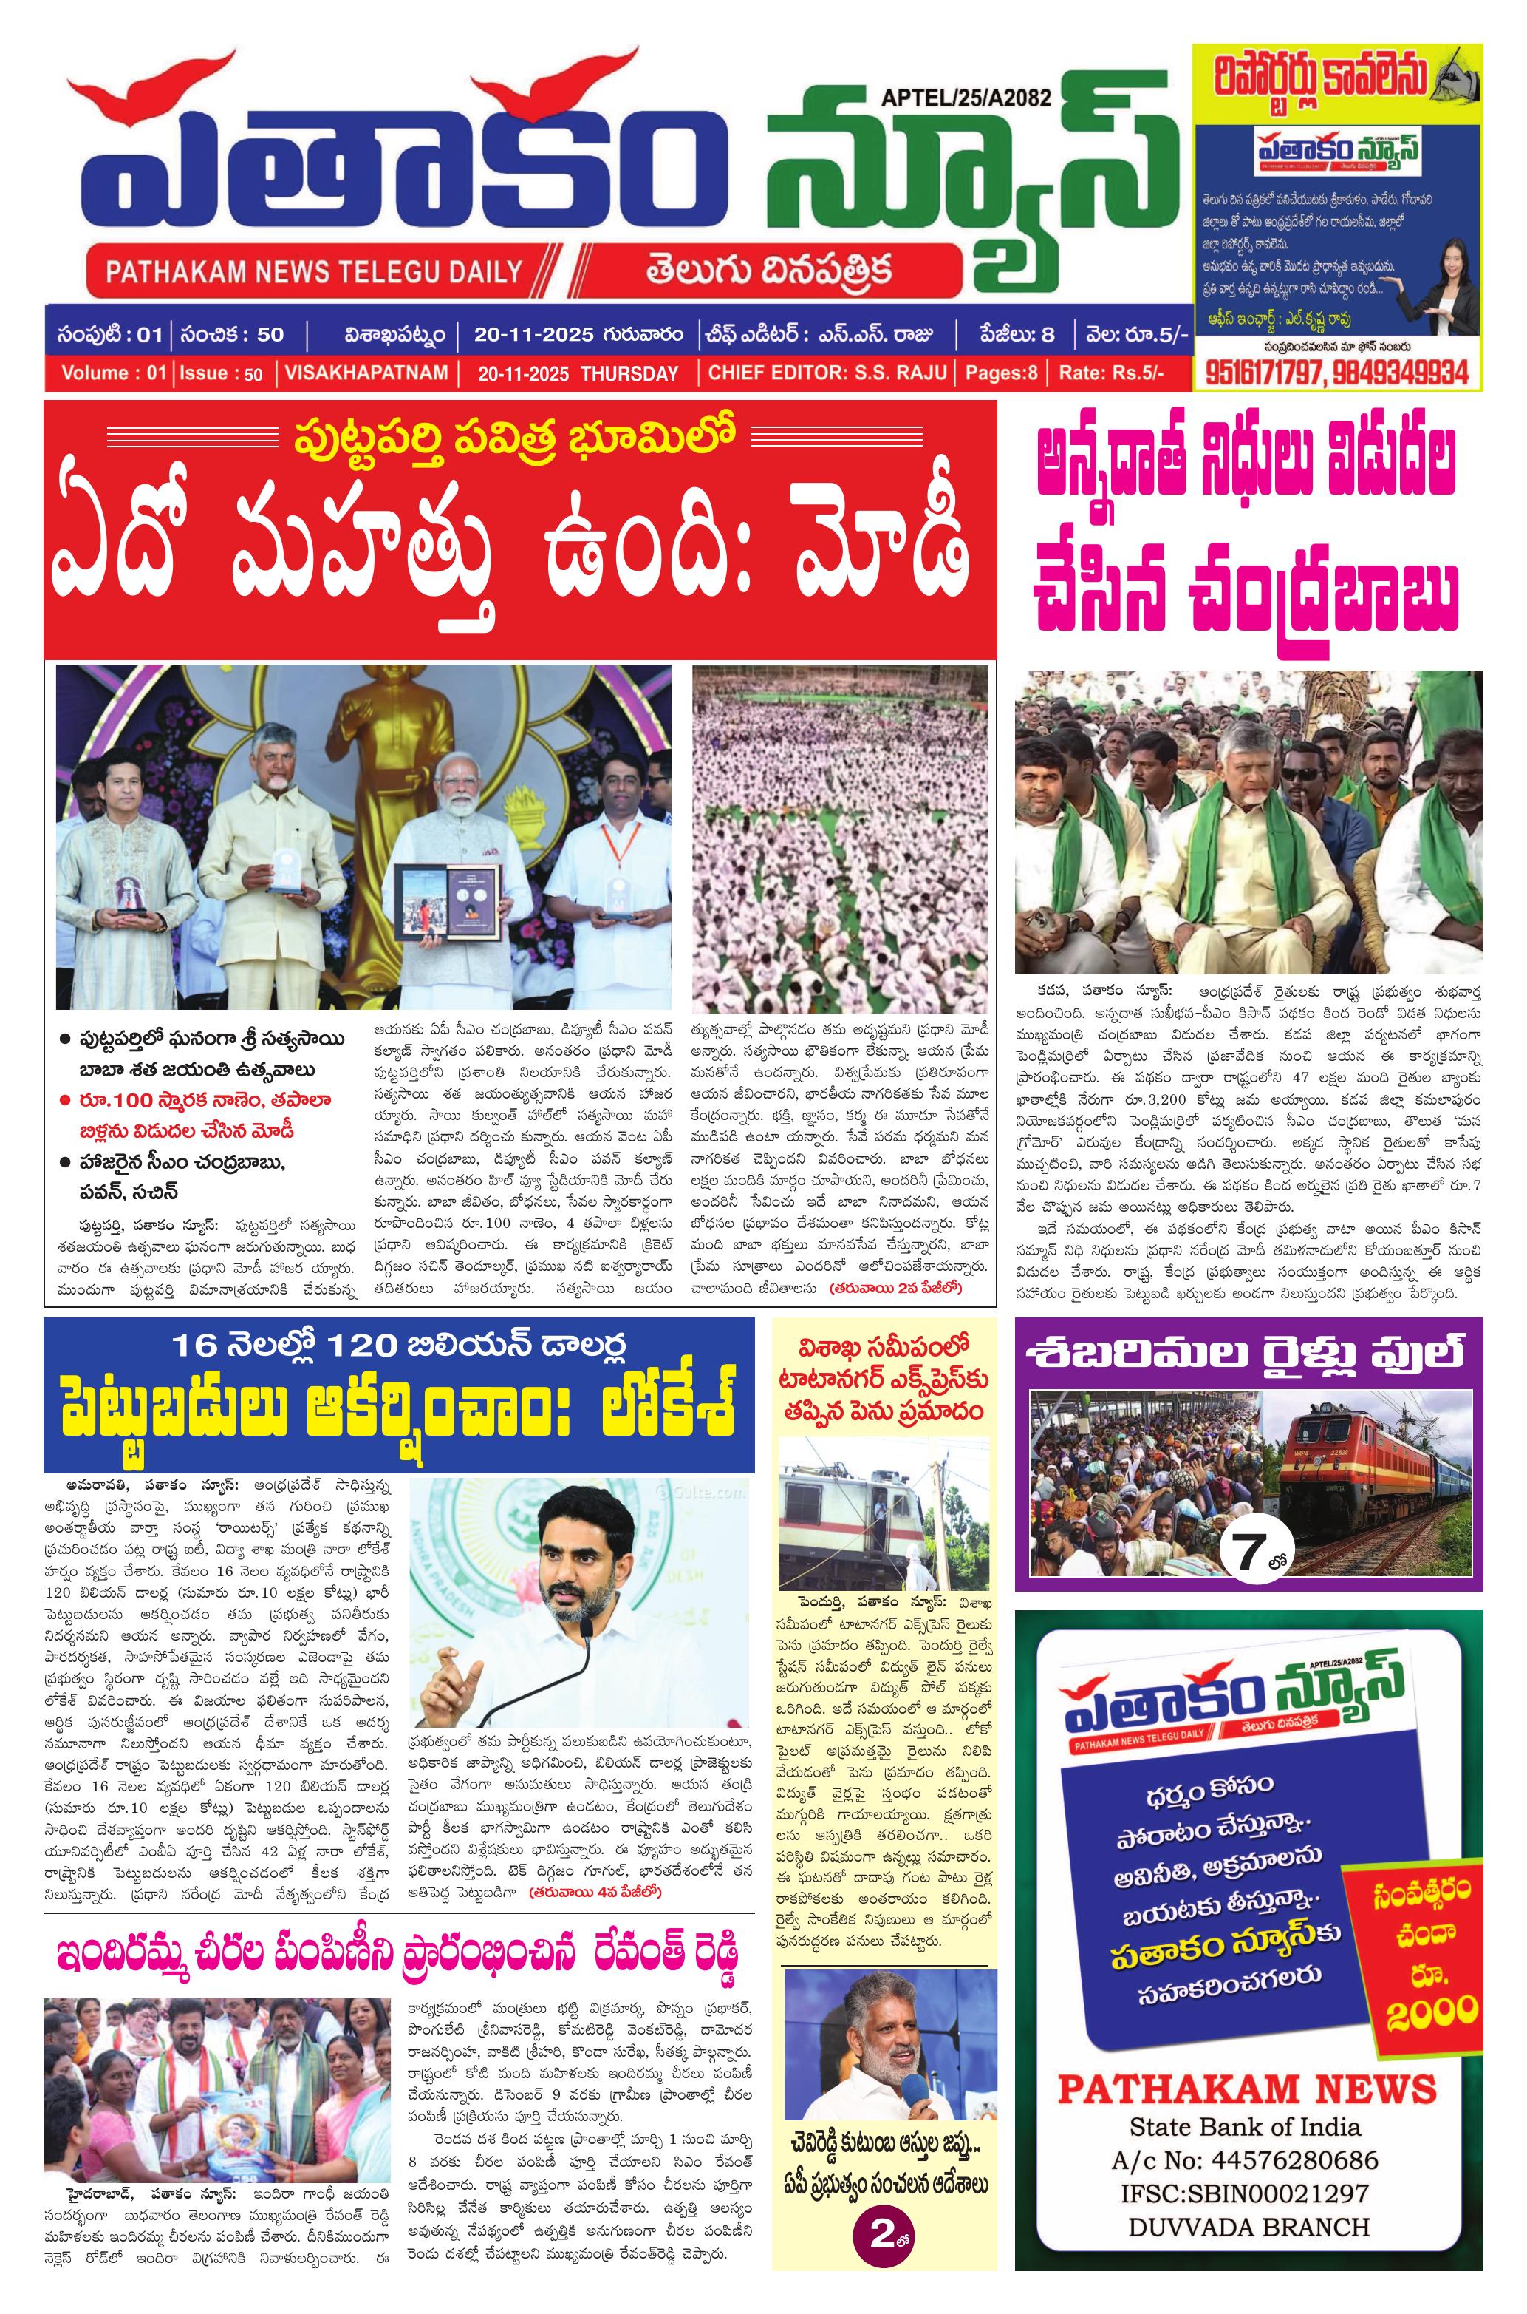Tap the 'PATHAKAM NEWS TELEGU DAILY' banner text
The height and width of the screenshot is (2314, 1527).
[313, 271]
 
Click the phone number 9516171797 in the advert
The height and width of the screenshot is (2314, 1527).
[1263, 372]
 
